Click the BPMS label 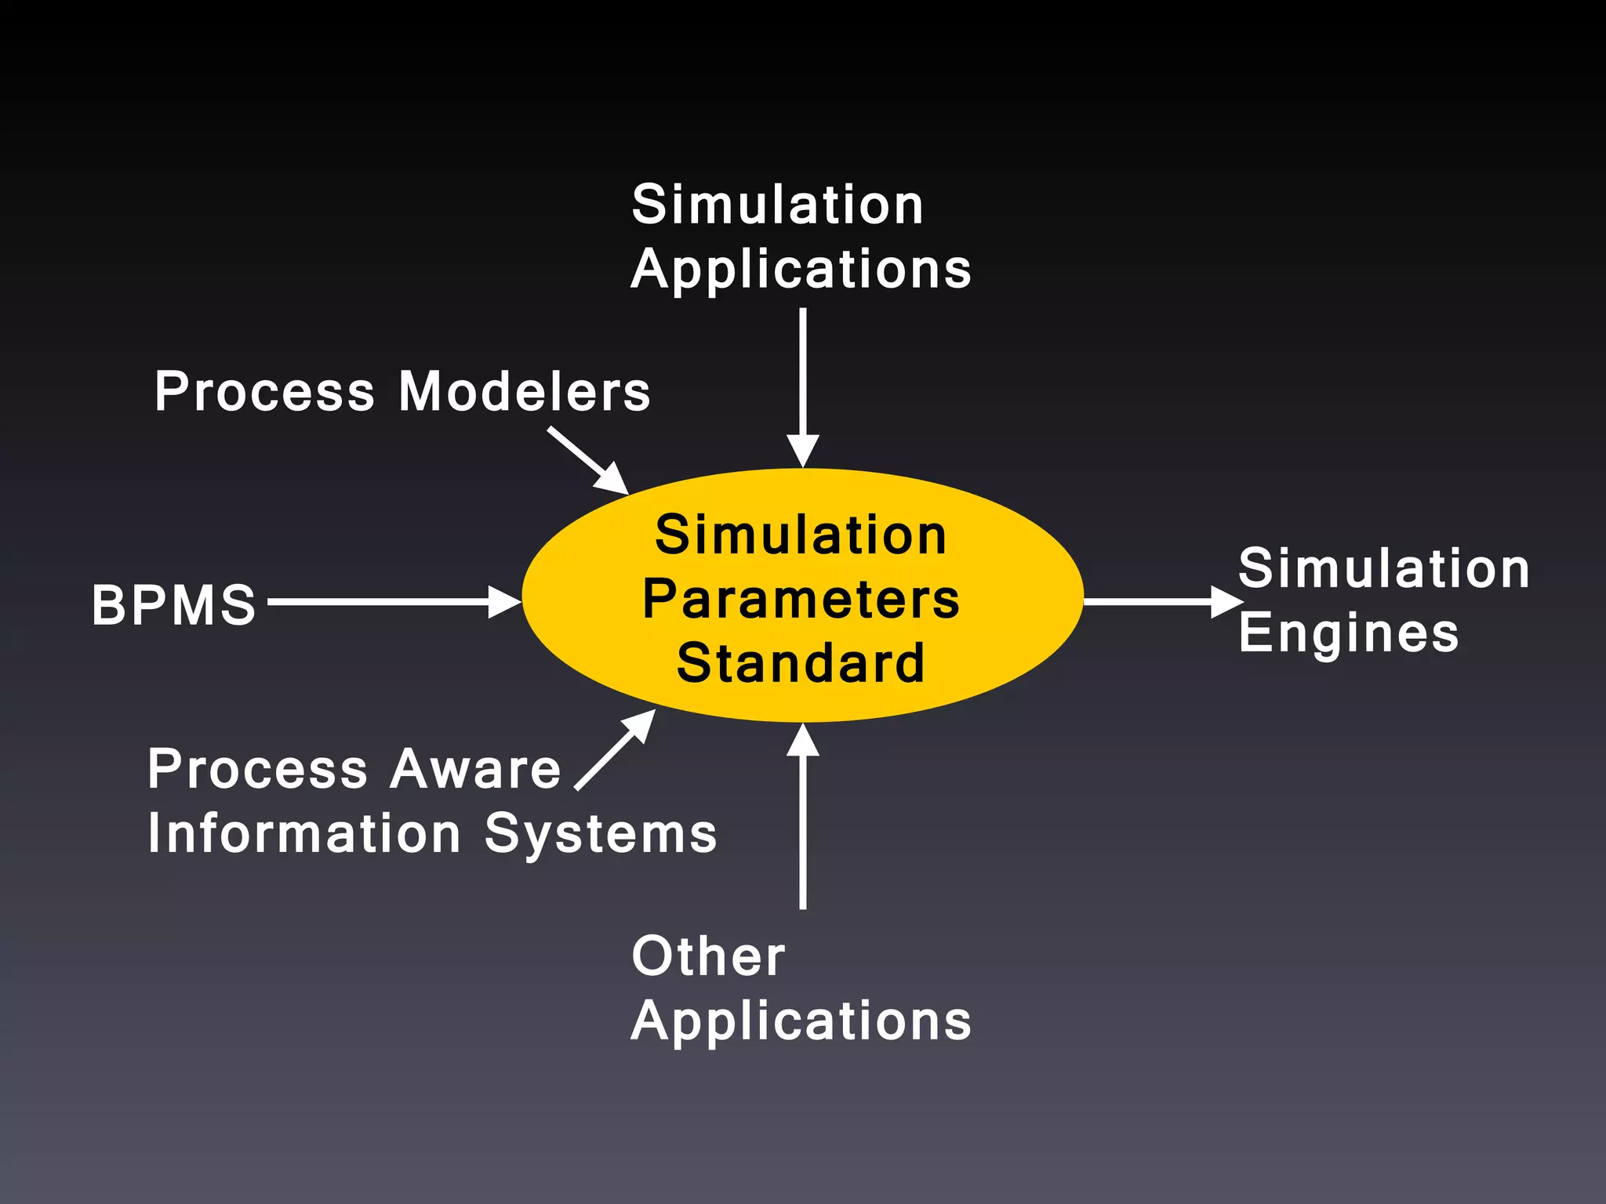174,605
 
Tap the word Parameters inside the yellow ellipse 801,600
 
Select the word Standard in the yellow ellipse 801,663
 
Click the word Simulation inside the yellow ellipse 801,535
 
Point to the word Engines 1348,633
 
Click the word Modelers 524,391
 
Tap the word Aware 475,769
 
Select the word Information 304,833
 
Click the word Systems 600,833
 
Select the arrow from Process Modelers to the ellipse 588,461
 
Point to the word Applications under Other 801,1021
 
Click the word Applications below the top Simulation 801,270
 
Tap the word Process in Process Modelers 265,391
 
